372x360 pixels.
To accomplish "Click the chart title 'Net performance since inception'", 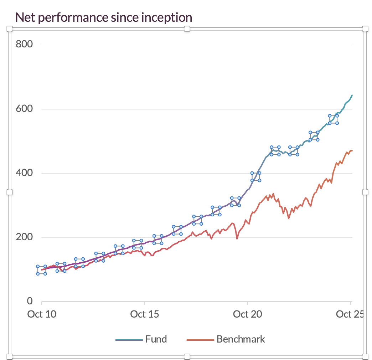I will (x=103, y=17).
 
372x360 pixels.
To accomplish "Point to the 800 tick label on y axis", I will (x=25, y=45).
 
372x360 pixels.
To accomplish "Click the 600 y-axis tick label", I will (x=25, y=109).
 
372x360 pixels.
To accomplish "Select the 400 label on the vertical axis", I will (x=25, y=173).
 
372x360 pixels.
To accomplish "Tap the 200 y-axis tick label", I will (x=25, y=237).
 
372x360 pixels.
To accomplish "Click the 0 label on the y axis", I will (x=30, y=301).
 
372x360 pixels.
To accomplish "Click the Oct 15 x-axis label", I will (x=145, y=314).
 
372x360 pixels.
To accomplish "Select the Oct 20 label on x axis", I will (x=247, y=314).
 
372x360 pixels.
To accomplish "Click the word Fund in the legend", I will (x=156, y=339).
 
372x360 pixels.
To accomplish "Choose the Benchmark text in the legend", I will (x=241, y=339).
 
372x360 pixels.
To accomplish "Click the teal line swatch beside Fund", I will (x=129, y=340).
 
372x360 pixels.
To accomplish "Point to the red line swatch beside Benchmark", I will (x=200, y=340).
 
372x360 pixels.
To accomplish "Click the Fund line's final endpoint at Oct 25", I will (x=352, y=95).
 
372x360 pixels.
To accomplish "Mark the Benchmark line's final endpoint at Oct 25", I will (x=352, y=151).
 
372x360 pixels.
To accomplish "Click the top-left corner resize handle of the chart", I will (x=10, y=29).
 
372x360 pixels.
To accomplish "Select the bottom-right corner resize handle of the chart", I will (x=365, y=356).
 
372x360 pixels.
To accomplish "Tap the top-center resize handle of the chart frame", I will (x=187, y=29).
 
